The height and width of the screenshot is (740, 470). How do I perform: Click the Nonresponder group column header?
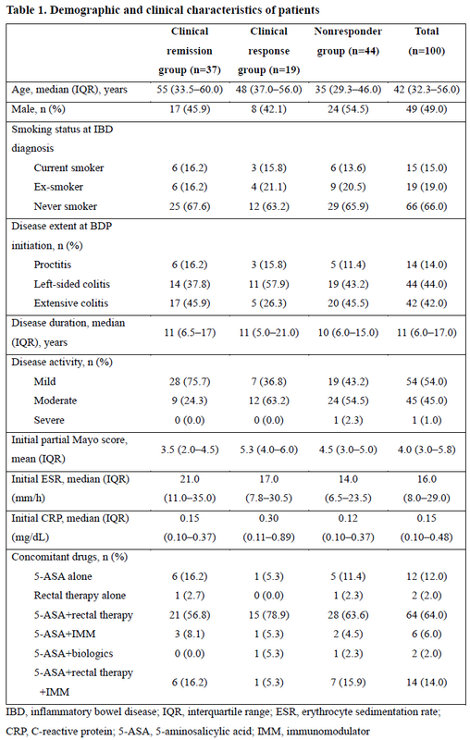point(348,41)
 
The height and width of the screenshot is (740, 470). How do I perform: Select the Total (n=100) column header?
point(427,41)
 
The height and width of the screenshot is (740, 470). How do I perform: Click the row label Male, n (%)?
point(38,109)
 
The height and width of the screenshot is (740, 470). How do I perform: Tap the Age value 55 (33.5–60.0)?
point(190,90)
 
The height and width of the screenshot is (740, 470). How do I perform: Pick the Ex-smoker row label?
point(58,187)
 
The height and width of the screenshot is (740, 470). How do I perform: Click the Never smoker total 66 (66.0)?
point(427,206)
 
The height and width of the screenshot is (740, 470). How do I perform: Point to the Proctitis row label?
point(53,265)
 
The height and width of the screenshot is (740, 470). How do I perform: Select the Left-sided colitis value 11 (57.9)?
point(269,284)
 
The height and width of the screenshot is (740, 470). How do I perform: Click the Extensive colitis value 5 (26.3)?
point(269,303)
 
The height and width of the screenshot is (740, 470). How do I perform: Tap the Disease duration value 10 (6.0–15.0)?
point(348,333)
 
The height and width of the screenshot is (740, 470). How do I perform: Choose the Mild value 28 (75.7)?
point(190,381)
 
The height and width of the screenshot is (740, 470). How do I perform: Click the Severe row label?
point(49,420)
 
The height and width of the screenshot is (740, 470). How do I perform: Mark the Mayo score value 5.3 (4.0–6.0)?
point(269,450)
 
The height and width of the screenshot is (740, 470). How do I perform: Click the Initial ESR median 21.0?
point(190,479)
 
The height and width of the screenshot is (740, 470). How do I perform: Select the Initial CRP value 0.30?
point(269,518)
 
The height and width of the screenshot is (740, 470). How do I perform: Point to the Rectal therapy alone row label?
point(80,596)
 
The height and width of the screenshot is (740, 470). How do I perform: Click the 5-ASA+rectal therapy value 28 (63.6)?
point(348,615)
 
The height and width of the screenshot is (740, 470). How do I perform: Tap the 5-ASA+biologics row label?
point(74,654)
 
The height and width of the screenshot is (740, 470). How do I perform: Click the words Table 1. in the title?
point(26,10)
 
